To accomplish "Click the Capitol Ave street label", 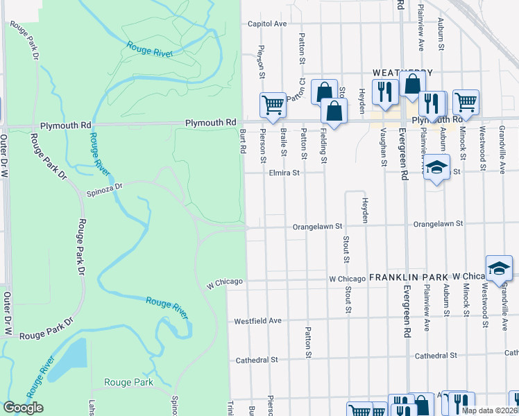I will pos(268,24).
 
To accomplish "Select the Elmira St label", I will pos(284,173).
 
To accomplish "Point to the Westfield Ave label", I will pos(257,321).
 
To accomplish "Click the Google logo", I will pos(23,408).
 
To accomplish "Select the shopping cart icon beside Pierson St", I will pos(273,105).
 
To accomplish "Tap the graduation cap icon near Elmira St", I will pos(436,168).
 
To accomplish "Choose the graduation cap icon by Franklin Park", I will pos(500,268).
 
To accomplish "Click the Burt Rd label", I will pos(243,141).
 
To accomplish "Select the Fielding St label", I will pos(323,146).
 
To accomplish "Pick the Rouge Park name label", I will pos(128,382).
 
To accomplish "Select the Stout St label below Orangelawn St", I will pos(345,250).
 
